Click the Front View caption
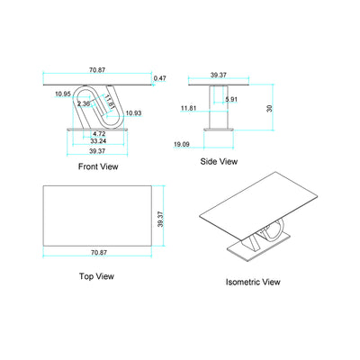(x=98, y=166)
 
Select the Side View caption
(x=220, y=162)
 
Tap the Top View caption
(x=97, y=276)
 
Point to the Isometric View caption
(x=253, y=282)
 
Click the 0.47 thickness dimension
(x=160, y=78)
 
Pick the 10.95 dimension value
(x=62, y=94)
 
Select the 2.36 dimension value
(x=82, y=103)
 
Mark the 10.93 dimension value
(x=133, y=112)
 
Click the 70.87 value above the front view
(x=98, y=68)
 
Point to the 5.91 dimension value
(x=232, y=99)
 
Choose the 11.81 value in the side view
(x=187, y=108)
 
